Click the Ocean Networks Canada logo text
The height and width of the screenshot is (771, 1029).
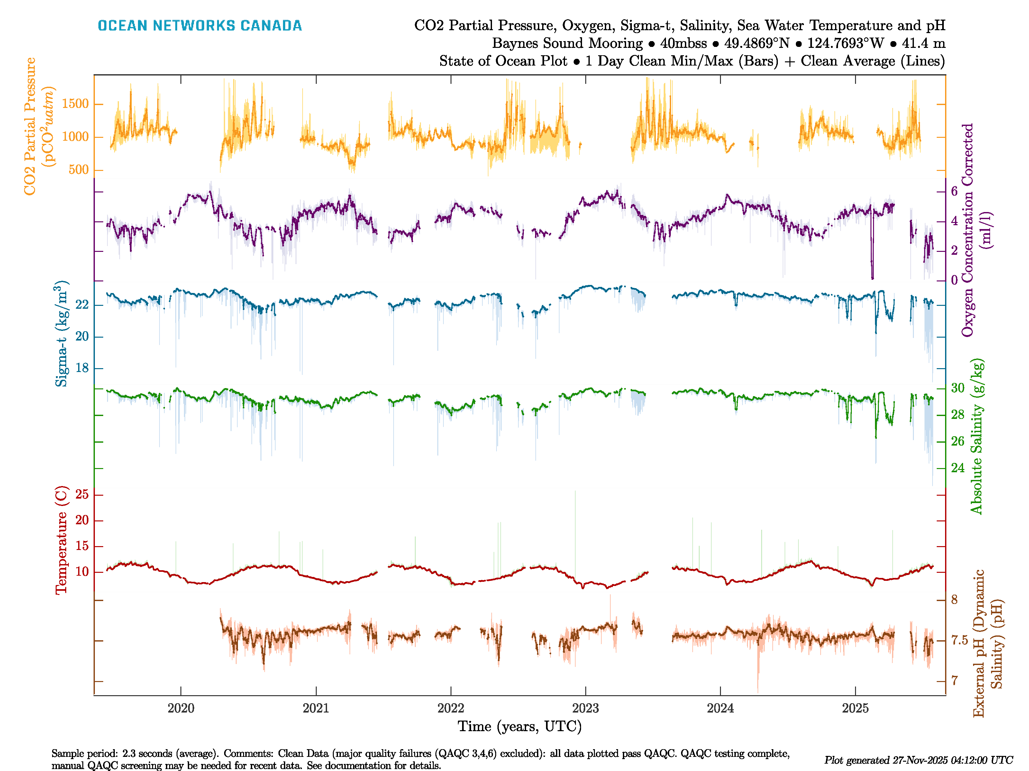[200, 26]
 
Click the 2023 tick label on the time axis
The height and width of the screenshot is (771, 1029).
[585, 708]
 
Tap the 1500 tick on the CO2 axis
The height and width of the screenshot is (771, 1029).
[75, 104]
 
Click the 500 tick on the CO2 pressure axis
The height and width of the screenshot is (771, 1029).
[78, 170]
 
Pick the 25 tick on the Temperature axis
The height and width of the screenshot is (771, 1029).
[82, 494]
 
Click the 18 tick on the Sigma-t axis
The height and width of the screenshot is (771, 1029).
[82, 368]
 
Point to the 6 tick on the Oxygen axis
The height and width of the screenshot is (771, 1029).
[954, 191]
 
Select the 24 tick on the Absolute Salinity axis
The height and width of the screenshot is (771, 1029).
[957, 468]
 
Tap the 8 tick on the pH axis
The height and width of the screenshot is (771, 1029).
[954, 600]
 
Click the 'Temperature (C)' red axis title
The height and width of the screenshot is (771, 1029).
[61, 540]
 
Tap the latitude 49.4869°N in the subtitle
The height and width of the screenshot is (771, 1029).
[756, 43]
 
